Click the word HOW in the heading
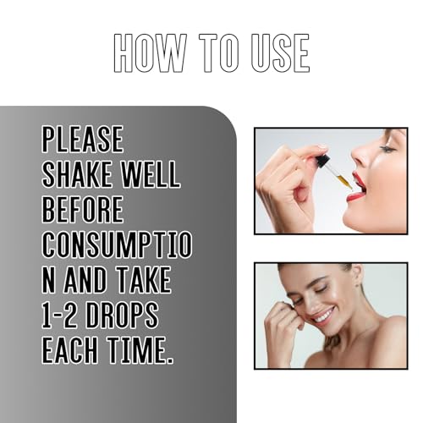150,53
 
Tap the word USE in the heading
280,53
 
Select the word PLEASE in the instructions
83,139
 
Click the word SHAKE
76,174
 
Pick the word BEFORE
83,209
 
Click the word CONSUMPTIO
117,244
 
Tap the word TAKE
144,280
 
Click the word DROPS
122,315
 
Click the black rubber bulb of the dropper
322,160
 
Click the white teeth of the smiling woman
323,316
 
